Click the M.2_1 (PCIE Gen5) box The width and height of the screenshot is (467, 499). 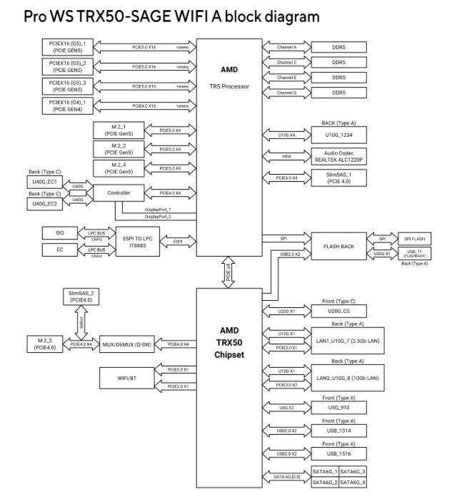click(118, 130)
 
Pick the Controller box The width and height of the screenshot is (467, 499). click(118, 192)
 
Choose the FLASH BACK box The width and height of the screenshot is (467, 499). click(338, 246)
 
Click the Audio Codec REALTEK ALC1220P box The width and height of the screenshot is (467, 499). click(338, 155)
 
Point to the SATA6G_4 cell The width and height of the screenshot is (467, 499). click(353, 482)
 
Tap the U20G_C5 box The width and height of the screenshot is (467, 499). click(338, 311)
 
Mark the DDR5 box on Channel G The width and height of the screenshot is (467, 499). click(338, 93)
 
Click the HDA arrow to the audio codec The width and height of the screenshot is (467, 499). click(286, 155)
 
